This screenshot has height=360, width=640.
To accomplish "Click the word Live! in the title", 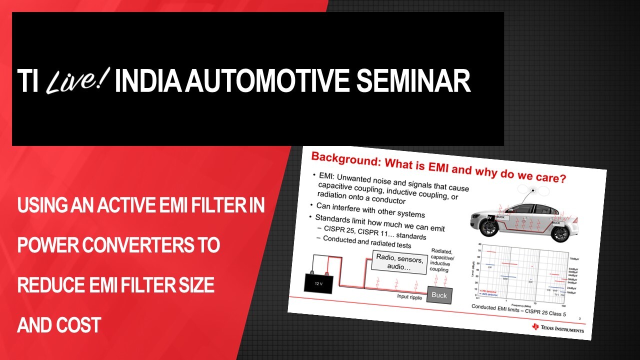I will [x=77, y=81].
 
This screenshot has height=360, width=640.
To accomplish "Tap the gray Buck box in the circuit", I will [x=439, y=295].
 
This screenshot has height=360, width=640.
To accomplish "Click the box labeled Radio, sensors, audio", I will [x=399, y=263].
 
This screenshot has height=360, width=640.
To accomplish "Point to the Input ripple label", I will [x=408, y=297].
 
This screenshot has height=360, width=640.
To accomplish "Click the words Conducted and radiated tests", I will [x=367, y=241].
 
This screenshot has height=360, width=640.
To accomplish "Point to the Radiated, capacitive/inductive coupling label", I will [x=440, y=260].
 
